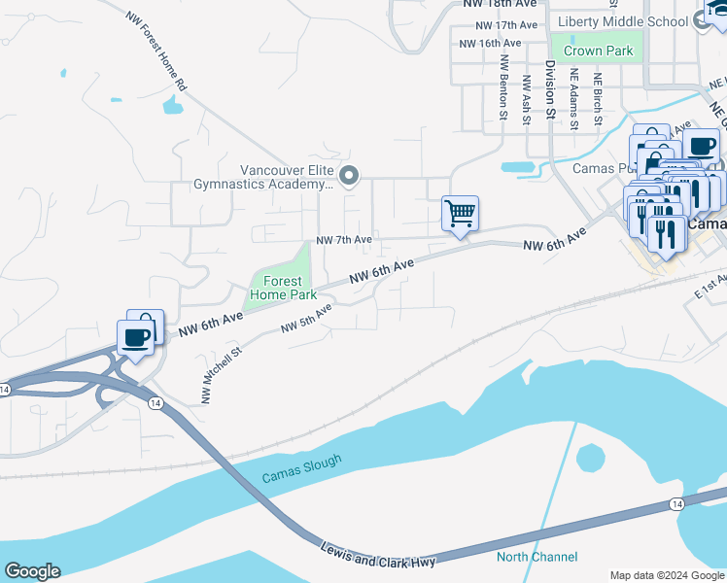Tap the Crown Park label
click(x=606, y=51)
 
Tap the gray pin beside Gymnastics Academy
click(x=351, y=176)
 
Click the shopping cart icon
click(x=460, y=213)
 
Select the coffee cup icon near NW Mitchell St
click(x=135, y=338)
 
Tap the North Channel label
click(x=537, y=557)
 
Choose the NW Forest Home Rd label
click(x=156, y=51)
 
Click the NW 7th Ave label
click(x=344, y=240)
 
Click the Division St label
click(x=550, y=89)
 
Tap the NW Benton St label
click(x=503, y=86)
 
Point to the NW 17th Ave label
click(x=501, y=25)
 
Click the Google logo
click(x=32, y=571)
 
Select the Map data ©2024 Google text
click(x=667, y=574)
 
